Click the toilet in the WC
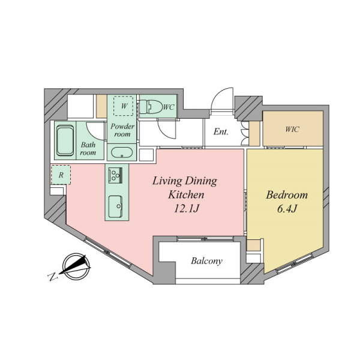coord(151,107)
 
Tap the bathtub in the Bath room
coord(65,140)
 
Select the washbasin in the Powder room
coord(122,152)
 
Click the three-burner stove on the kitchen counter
coord(115,175)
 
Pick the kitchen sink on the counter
coord(115,206)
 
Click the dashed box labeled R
coord(61,175)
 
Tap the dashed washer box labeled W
coord(123,106)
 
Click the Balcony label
coord(206,261)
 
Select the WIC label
coord(292,129)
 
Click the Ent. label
coord(221,131)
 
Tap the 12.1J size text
coord(186,209)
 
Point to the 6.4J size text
coord(287,209)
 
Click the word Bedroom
coord(287,195)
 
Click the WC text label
coord(169,107)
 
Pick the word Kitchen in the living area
coord(186,195)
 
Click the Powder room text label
coord(122,130)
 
